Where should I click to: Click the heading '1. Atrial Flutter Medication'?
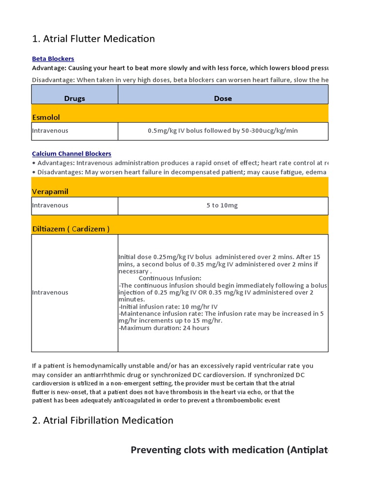[x=93, y=39]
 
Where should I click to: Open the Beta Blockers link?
[x=53, y=59]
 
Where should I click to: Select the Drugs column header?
[x=75, y=98]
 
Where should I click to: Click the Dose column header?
[x=223, y=98]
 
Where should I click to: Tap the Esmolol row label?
[x=46, y=117]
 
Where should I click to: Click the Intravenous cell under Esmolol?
[x=50, y=131]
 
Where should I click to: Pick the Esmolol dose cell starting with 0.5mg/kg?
[x=223, y=131]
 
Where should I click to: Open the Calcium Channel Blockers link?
[x=72, y=154]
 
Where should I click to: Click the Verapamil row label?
[x=50, y=191]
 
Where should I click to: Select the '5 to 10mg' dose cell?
[x=222, y=205]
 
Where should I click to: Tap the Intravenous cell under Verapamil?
[x=50, y=205]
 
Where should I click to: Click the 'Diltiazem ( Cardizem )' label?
[x=71, y=229]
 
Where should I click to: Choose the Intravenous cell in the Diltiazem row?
[x=50, y=293]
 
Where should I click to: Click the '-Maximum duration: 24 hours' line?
[x=164, y=328]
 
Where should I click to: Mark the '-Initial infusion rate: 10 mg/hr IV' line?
[x=168, y=307]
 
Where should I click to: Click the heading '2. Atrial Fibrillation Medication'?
[x=103, y=420]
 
